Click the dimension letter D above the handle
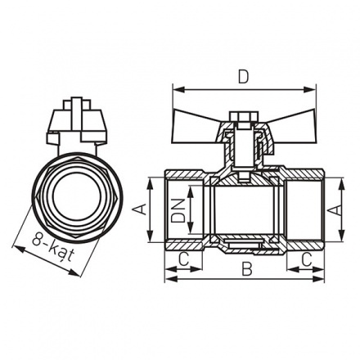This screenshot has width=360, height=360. coord(242,78)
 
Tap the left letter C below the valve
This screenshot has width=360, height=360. coord(184,259)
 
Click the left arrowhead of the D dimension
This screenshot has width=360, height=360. coord(175,88)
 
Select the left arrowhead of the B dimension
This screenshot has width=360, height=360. coord(169,278)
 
